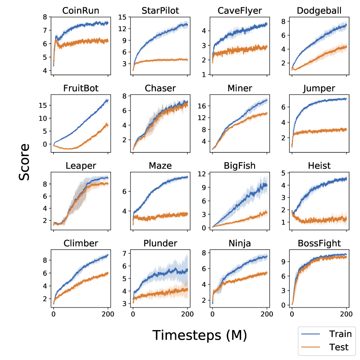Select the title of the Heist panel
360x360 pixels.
319,166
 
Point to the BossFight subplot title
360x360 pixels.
319,243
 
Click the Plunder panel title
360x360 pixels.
160,243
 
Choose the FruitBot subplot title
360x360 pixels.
80,88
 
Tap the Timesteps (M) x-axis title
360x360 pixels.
200,335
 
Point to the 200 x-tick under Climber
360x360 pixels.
108,313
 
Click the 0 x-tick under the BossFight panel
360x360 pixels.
292,313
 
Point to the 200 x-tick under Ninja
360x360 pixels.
267,313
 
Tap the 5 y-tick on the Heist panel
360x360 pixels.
285,173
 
